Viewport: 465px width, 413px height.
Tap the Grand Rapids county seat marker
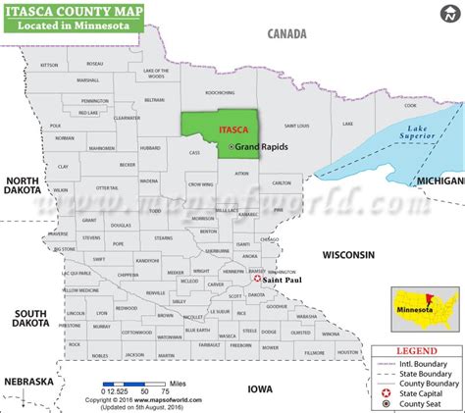[232, 147]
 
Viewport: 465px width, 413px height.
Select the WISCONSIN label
[349, 255]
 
